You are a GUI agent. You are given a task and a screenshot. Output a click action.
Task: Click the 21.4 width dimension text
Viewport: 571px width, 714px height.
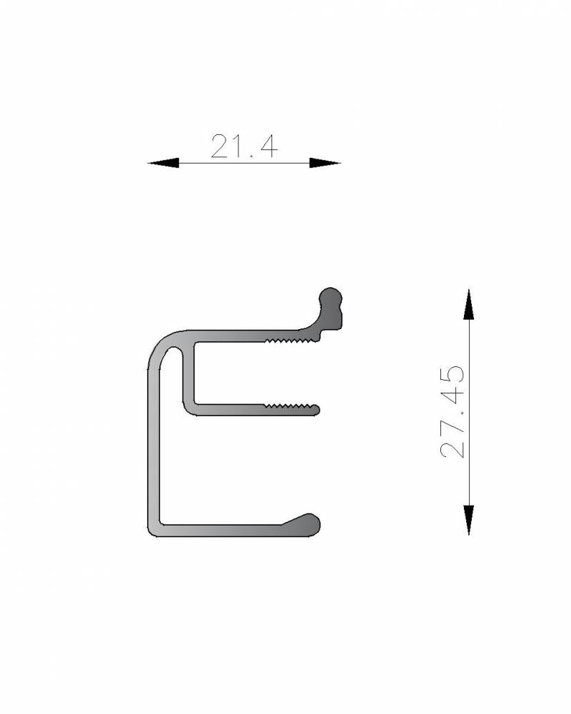coord(244,146)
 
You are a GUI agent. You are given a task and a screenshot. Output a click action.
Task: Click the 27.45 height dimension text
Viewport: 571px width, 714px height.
coord(453,411)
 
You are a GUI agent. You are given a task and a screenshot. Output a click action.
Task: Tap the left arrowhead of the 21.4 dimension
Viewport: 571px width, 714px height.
coord(163,163)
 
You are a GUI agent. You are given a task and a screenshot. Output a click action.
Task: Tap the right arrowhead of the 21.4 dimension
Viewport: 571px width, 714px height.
coord(325,163)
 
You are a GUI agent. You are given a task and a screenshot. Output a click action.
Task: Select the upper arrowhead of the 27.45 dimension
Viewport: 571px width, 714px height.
coord(468,304)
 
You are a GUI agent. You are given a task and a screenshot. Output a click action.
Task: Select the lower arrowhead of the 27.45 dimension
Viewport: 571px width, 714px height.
coord(468,520)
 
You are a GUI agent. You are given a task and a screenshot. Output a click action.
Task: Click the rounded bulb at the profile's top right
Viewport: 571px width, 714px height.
coord(330,308)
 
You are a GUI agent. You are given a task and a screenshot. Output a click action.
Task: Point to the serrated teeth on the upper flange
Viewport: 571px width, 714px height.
coord(292,340)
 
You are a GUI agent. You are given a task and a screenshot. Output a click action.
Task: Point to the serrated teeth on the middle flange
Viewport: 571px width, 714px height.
coord(290,406)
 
